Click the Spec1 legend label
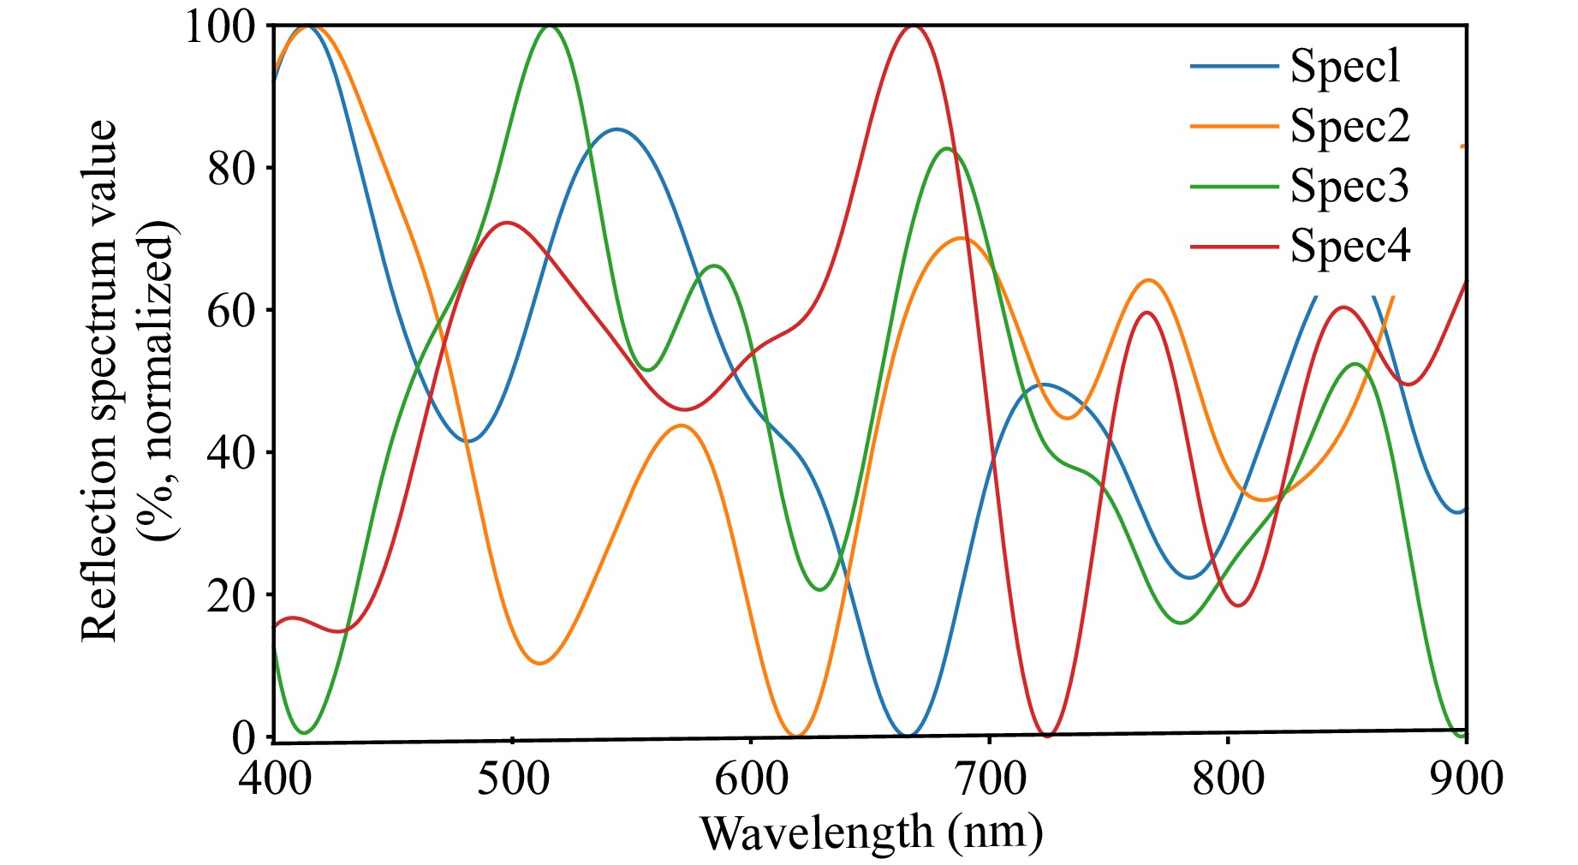(x=1345, y=66)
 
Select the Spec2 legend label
(x=1349, y=126)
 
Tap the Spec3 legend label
(x=1349, y=186)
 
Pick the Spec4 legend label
(x=1349, y=246)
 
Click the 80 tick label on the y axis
(x=231, y=168)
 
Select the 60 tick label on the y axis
(x=231, y=310)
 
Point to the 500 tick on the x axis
(x=512, y=779)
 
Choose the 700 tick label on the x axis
(x=990, y=779)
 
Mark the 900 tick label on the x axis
(x=1466, y=779)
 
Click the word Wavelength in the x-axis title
(x=816, y=832)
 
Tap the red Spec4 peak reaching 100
(x=914, y=27)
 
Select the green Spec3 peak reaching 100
(x=548, y=27)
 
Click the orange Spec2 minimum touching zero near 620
(x=796, y=735)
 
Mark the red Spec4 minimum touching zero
(x=1047, y=735)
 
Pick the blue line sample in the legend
(x=1233, y=66)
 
